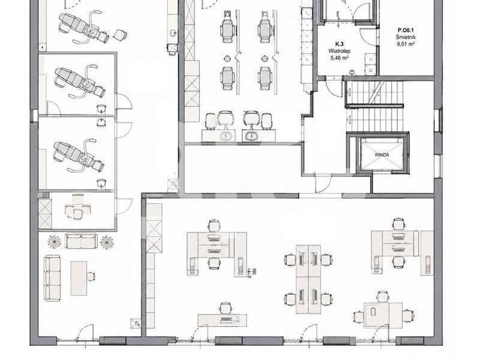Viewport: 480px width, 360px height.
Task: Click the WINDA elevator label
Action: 382,155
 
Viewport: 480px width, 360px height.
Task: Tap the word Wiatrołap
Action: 340,51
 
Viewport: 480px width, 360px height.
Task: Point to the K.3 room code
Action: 339,44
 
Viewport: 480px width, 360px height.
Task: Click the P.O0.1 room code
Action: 406,31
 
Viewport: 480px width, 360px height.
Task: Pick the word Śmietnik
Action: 406,37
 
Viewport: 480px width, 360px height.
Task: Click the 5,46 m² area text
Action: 340,58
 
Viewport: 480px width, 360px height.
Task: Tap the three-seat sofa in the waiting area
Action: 52,278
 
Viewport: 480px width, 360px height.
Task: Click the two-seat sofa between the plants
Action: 81,241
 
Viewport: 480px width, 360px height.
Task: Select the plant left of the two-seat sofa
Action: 55,242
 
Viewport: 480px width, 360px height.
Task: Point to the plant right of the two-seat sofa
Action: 107,242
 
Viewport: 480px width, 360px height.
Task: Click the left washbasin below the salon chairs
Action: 226,136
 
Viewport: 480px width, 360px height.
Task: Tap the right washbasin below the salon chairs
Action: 252,136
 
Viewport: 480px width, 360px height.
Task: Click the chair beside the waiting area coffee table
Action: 91,276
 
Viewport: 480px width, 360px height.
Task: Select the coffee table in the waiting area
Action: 79,278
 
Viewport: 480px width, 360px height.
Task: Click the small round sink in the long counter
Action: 173,32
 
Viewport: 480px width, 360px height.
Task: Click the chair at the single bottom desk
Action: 226,308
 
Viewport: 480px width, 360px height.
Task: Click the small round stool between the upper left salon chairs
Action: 227,58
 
